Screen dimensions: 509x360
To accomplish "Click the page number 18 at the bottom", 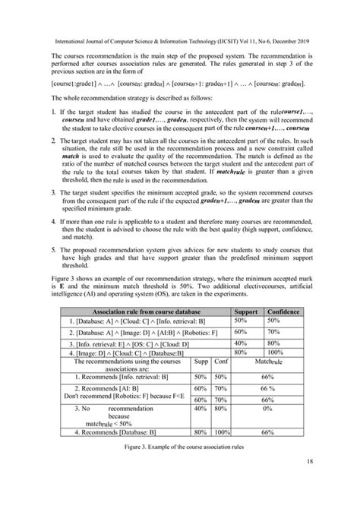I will [x=332, y=482].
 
